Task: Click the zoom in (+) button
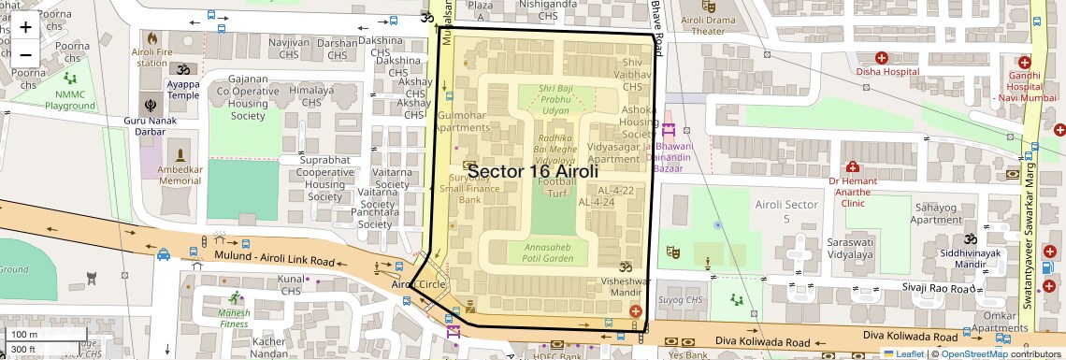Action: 25,26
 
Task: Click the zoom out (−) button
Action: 25,53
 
